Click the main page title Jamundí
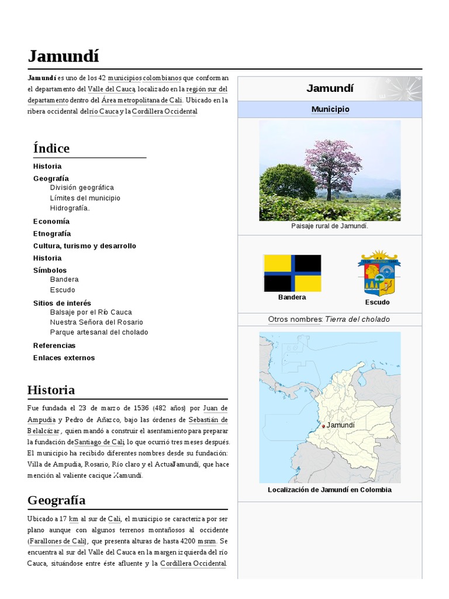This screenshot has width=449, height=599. pos(63,56)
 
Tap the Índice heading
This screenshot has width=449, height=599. pos(51,148)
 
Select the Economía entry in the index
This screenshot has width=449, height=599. pos(51,221)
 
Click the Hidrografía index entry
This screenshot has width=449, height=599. pos(70,208)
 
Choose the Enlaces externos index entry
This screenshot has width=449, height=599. pos(64,357)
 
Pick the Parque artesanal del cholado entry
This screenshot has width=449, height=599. pos(99,332)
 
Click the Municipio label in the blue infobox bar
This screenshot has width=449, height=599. pos(330,109)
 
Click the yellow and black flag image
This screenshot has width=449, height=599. pos(292,273)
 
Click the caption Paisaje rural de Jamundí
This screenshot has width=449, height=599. pos(330,226)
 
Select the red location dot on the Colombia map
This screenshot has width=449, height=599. pos(323,426)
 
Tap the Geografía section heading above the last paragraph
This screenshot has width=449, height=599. pos(56,500)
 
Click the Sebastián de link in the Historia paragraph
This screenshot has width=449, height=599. pos(208,420)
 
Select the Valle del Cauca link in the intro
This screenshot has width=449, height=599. pos(112,89)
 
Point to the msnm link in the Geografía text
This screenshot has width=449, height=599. pos(206,541)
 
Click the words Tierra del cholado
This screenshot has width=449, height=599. pos(357,319)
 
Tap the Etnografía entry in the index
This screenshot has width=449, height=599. pos(52,233)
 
